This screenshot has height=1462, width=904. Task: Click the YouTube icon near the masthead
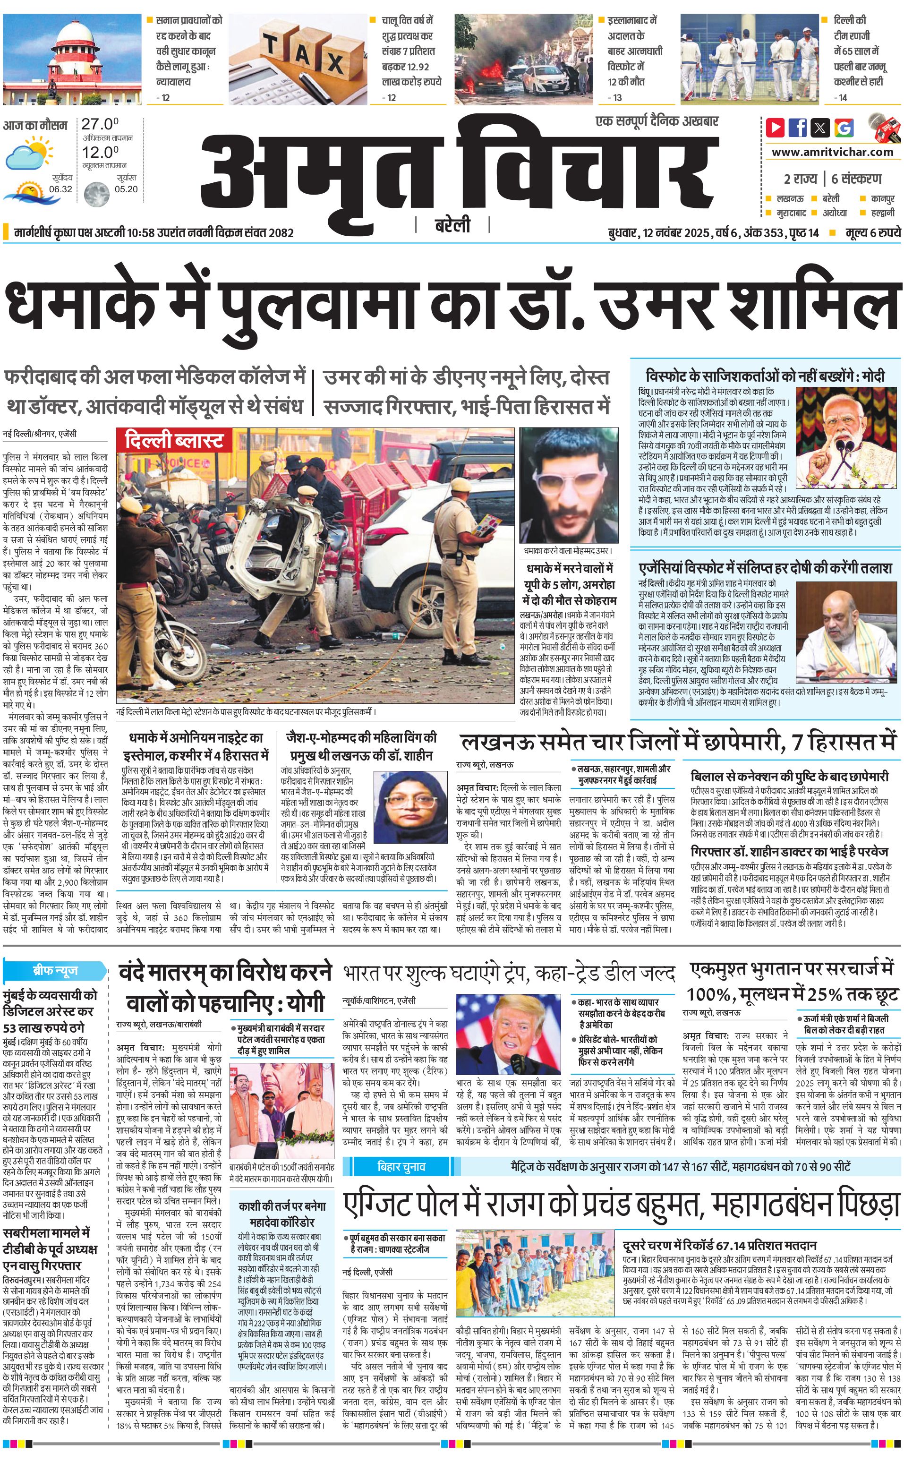pos(776,128)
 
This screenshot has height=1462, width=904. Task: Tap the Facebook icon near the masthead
pos(798,128)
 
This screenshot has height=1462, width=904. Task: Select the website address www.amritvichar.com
pos(832,152)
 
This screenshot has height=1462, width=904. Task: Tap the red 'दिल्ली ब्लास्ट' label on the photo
pos(174,441)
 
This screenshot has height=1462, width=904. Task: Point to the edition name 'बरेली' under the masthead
pos(452,225)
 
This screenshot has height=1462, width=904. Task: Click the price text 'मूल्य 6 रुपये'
pos(872,232)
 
